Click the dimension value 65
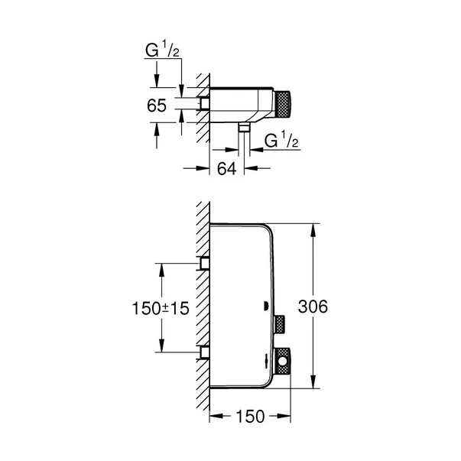[x=157, y=106]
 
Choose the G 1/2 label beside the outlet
[x=279, y=141]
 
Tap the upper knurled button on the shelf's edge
[x=279, y=324]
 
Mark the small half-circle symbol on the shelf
[x=266, y=307]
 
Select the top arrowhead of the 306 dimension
[x=312, y=227]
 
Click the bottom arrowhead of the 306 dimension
[x=312, y=385]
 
